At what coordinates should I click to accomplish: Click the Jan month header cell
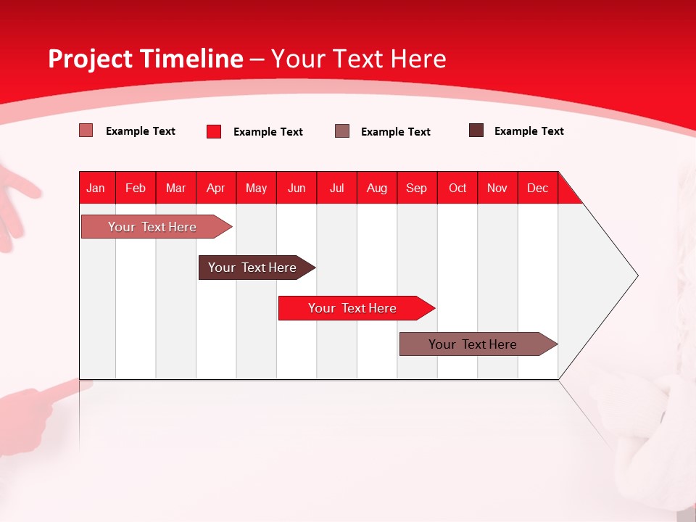tap(96, 188)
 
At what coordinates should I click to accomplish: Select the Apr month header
tap(216, 188)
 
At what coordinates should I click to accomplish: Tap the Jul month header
tap(336, 188)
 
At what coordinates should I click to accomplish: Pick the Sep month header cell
tap(417, 188)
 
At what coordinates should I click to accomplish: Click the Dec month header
tap(537, 188)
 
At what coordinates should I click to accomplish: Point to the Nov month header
tap(497, 188)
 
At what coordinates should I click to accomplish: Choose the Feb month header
tap(136, 188)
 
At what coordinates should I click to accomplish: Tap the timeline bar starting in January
tap(153, 227)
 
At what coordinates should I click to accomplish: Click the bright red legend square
tap(214, 131)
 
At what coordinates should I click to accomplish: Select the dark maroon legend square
tap(476, 130)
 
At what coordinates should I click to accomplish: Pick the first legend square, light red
tap(86, 130)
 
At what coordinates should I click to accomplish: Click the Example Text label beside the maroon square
tap(529, 131)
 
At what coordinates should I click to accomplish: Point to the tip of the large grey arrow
tap(636, 275)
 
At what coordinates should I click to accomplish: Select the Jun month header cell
tap(297, 188)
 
